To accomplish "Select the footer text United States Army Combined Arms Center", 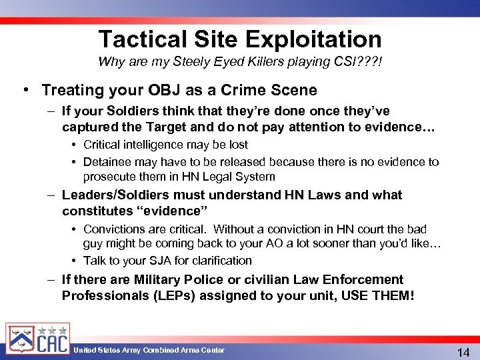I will click(x=149, y=351).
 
